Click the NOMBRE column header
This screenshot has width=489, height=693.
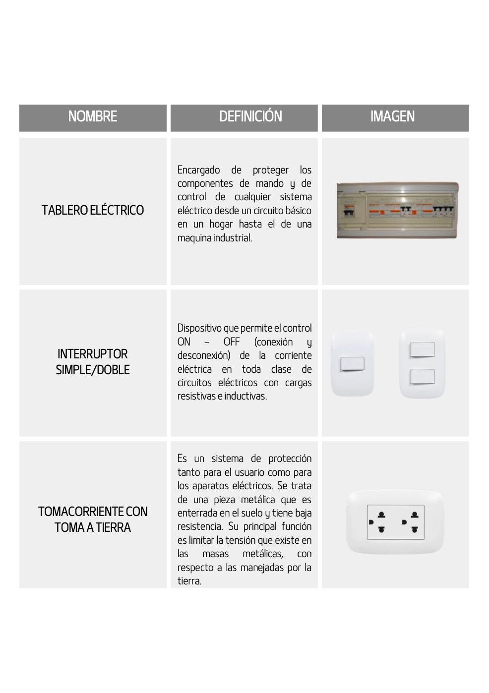click(x=93, y=117)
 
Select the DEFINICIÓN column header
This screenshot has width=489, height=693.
click(x=250, y=117)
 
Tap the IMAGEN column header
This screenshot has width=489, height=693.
click(x=392, y=117)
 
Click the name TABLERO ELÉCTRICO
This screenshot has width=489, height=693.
click(x=93, y=210)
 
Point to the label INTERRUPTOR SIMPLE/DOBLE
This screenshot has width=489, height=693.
click(x=93, y=362)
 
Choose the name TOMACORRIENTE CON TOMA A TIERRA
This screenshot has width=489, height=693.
click(x=93, y=520)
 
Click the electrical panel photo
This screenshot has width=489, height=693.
click(x=397, y=210)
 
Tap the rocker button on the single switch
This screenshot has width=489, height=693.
click(x=352, y=364)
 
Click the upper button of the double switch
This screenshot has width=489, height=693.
click(x=422, y=350)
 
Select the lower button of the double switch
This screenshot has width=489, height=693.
click(x=422, y=377)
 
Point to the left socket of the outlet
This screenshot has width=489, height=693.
click(x=379, y=522)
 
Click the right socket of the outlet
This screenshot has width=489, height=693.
click(x=413, y=522)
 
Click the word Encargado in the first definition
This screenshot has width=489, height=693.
click(x=198, y=170)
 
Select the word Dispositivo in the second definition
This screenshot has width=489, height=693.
click(x=199, y=328)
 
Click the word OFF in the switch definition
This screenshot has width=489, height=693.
click(x=232, y=342)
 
